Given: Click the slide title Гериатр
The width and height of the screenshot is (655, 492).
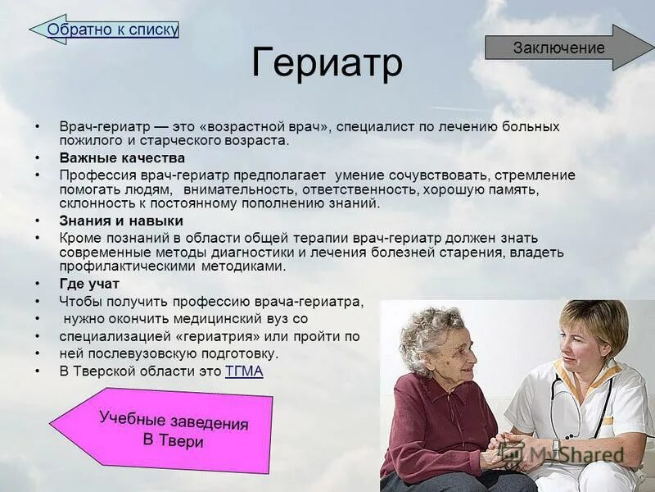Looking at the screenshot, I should click(x=327, y=63).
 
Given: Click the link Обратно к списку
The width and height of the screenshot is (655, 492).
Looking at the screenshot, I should click(x=112, y=30).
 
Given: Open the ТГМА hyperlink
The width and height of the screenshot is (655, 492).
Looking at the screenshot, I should click(x=244, y=371).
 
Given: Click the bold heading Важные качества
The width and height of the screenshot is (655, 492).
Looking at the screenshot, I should click(x=122, y=157).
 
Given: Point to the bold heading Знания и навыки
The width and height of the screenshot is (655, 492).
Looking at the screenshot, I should click(x=121, y=221).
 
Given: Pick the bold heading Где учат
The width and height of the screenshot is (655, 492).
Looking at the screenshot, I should click(x=89, y=284).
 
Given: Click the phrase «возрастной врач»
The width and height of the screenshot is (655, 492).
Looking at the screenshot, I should click(x=270, y=126).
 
